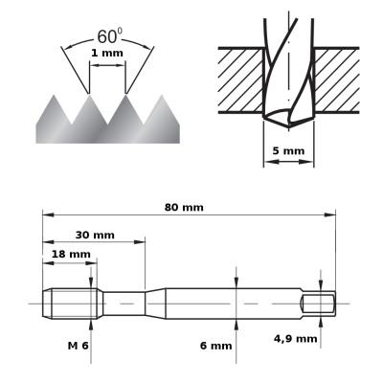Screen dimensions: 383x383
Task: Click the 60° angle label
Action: click(109, 35)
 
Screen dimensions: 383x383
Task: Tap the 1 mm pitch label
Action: click(107, 53)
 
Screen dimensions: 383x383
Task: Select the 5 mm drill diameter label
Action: click(288, 150)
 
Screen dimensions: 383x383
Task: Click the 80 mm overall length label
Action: click(184, 208)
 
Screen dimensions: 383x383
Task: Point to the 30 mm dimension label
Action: click(95, 236)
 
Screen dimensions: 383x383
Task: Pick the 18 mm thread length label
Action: click(71, 255)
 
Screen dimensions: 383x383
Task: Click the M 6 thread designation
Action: click(78, 346)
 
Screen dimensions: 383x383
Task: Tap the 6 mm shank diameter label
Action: click(215, 346)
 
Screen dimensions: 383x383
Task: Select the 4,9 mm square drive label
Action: click(296, 339)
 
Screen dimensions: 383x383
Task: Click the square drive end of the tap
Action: click(319, 304)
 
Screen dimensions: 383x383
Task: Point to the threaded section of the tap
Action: click(73, 304)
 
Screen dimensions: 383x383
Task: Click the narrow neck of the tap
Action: click(124, 304)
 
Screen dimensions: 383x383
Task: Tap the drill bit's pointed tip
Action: click(288, 127)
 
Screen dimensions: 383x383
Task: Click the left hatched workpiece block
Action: click(241, 80)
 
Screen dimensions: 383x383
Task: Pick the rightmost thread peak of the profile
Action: click(162, 95)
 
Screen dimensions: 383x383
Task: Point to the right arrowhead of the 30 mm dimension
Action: click(140, 242)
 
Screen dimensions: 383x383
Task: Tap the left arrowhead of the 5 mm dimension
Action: click(269, 162)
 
